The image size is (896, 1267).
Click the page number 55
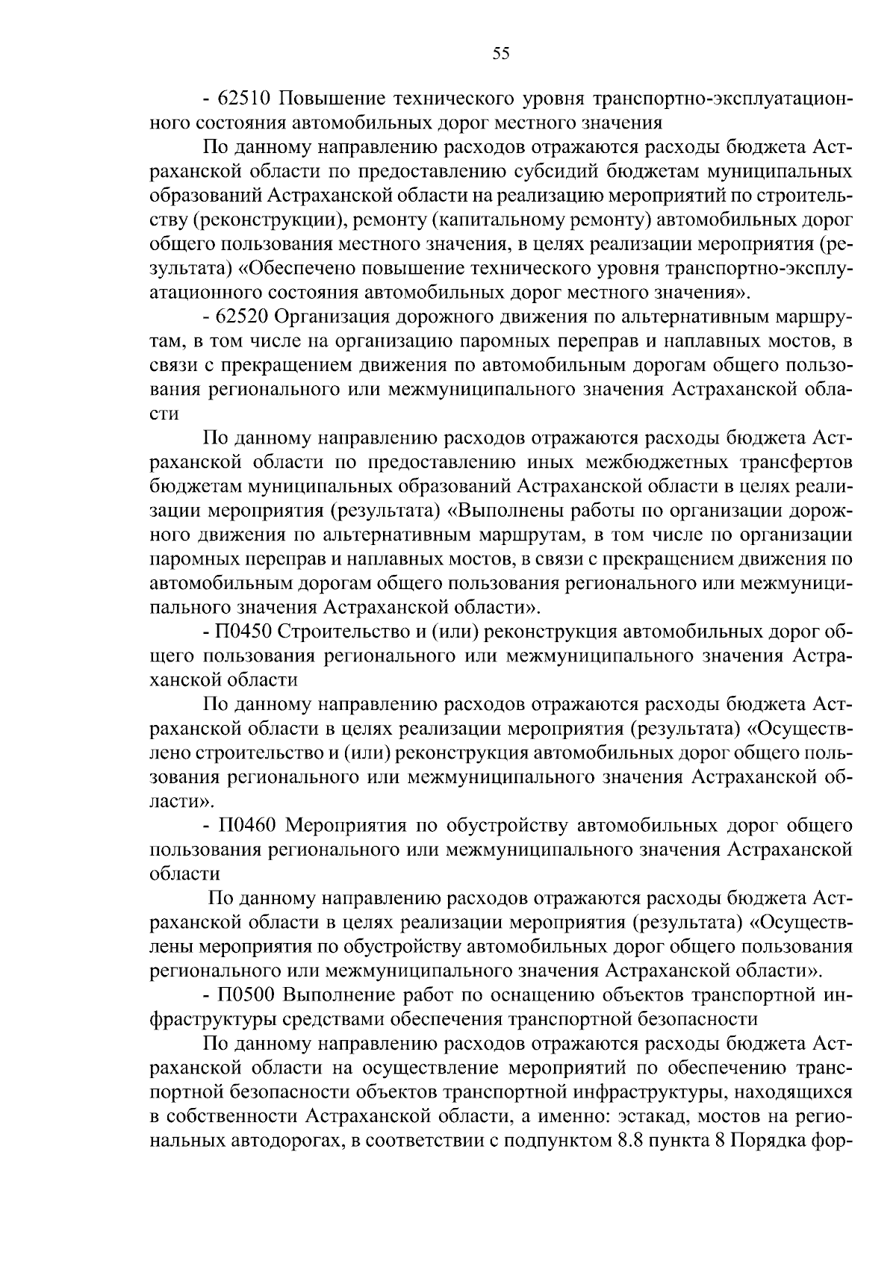point(501,52)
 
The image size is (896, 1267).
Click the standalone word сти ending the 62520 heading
point(164,414)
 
